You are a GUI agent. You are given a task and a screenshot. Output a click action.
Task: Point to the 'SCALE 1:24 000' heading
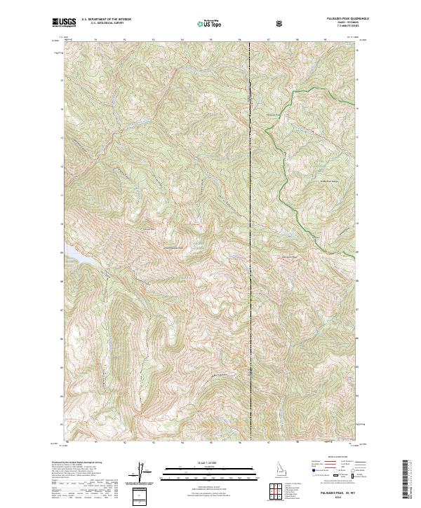(203, 463)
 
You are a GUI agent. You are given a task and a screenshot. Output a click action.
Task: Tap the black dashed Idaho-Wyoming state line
(250, 210)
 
